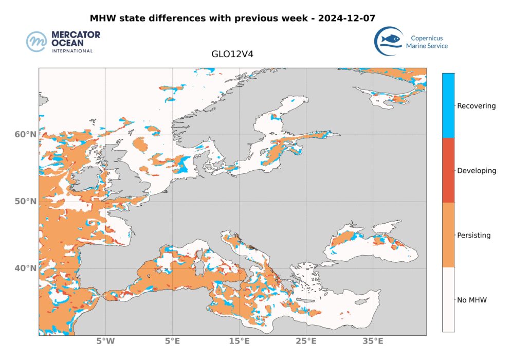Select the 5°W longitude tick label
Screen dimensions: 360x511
pyautogui.click(x=105, y=342)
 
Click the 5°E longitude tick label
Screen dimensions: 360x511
pyautogui.click(x=172, y=342)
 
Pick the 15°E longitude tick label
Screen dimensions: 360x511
pyautogui.click(x=239, y=342)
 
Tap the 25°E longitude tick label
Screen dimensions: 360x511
pyautogui.click(x=306, y=342)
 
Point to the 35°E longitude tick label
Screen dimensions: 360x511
pyautogui.click(x=373, y=342)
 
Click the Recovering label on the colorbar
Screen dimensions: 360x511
pyautogui.click(x=477, y=106)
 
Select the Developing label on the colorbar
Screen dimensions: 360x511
pyautogui.click(x=477, y=171)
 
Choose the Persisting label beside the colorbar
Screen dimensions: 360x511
pyautogui.click(x=473, y=236)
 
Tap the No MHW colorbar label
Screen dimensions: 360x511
pyautogui.click(x=471, y=300)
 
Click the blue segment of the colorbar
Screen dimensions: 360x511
pyautogui.click(x=448, y=105)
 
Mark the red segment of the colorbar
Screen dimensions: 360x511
pyautogui.click(x=448, y=170)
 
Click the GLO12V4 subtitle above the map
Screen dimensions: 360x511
pyautogui.click(x=232, y=53)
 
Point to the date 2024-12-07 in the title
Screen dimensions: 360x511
pyautogui.click(x=347, y=18)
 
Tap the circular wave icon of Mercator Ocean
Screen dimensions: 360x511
pyautogui.click(x=37, y=42)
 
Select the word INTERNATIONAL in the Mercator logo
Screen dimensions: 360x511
pyautogui.click(x=72, y=51)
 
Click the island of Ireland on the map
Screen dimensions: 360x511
pyautogui.click(x=81, y=177)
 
